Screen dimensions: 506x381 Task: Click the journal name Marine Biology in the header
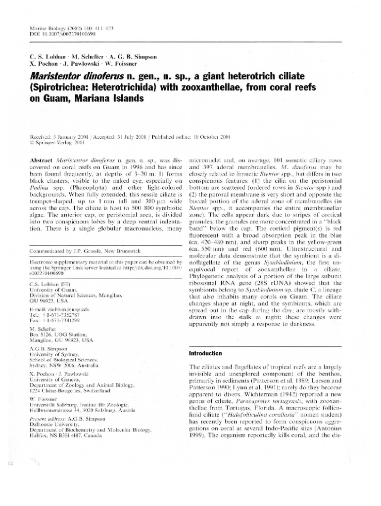pyautogui.click(x=47, y=29)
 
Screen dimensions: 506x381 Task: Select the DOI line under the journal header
pyautogui.click(x=63, y=35)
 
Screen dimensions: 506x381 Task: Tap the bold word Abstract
pyautogui.click(x=42, y=160)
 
